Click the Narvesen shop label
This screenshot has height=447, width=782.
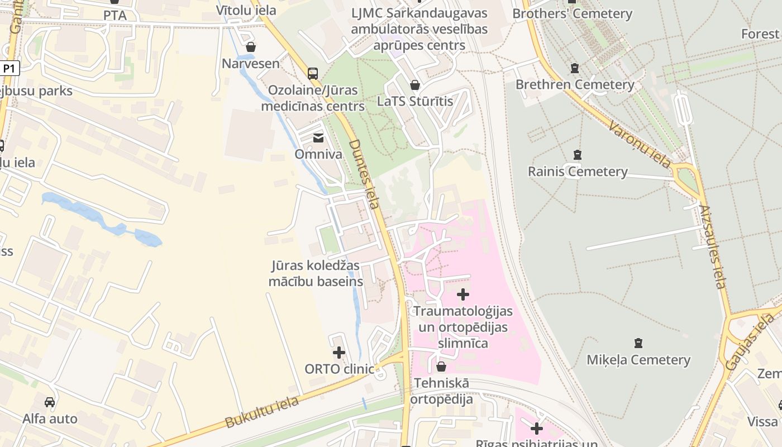(x=251, y=63)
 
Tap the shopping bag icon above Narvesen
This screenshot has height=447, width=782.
(x=251, y=47)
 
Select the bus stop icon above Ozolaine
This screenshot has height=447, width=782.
(x=313, y=73)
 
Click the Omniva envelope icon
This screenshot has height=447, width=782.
(x=318, y=137)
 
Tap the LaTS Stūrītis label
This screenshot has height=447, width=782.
(x=414, y=101)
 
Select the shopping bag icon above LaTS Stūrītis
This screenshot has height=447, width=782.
(x=414, y=85)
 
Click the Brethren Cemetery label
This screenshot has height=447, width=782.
(x=575, y=85)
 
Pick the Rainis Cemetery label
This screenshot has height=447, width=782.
(x=578, y=172)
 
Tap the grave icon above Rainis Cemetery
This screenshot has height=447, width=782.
(x=578, y=155)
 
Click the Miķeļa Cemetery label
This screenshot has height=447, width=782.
(x=638, y=360)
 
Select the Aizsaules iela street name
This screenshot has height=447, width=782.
(x=712, y=246)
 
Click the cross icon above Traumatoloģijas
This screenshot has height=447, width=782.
(x=463, y=294)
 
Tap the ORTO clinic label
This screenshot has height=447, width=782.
(x=339, y=369)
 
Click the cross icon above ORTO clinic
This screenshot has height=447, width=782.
(x=339, y=353)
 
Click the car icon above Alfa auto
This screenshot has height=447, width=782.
(x=50, y=402)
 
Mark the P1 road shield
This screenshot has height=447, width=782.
(x=9, y=69)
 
